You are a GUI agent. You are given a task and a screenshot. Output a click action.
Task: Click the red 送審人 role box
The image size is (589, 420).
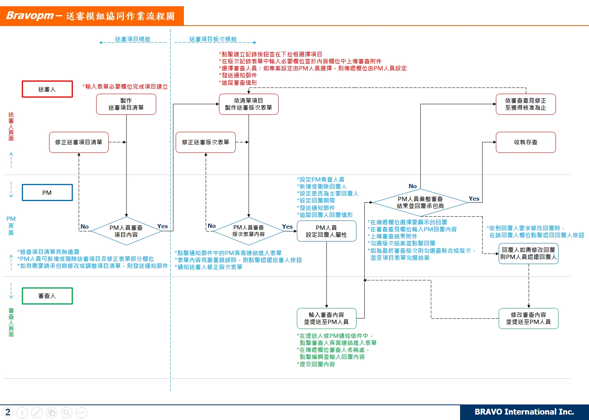click(47, 89)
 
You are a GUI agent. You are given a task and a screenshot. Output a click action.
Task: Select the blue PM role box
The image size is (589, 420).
click(47, 192)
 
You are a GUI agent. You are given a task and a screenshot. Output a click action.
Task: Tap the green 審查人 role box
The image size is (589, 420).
click(47, 296)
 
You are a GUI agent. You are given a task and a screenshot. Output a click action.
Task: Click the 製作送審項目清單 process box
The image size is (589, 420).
click(126, 104)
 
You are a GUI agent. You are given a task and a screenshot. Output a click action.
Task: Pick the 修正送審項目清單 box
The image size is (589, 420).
click(79, 142)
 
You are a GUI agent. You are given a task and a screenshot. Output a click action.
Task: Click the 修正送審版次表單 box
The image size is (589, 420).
click(205, 142)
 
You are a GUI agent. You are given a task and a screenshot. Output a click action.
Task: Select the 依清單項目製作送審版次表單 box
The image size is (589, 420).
click(249, 104)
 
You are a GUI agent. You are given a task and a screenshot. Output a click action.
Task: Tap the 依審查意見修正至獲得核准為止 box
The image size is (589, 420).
click(526, 104)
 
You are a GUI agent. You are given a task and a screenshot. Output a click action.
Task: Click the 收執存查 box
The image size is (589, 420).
click(526, 142)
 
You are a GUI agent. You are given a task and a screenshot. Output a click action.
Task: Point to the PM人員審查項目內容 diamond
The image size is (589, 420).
click(126, 231)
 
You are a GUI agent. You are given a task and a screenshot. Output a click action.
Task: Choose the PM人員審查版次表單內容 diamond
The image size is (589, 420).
click(249, 231)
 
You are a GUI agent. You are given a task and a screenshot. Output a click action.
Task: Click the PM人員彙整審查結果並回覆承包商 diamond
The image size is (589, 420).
click(420, 202)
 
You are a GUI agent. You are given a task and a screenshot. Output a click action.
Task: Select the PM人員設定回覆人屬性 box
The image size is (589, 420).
click(326, 231)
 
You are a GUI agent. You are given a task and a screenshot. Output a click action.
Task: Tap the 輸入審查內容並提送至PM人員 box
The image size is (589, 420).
click(326, 318)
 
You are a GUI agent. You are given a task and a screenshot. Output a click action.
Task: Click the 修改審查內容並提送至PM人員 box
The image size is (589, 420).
click(528, 318)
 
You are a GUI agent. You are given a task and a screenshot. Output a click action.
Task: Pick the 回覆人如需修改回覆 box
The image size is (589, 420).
click(528, 254)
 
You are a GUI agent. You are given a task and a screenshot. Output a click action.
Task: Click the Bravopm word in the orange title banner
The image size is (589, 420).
click(30, 16)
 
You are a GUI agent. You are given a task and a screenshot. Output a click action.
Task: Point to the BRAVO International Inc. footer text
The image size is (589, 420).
click(524, 412)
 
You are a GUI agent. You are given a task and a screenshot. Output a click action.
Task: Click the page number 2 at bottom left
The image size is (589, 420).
click(8, 412)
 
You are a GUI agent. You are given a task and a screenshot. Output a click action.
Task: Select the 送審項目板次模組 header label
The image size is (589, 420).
click(213, 39)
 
